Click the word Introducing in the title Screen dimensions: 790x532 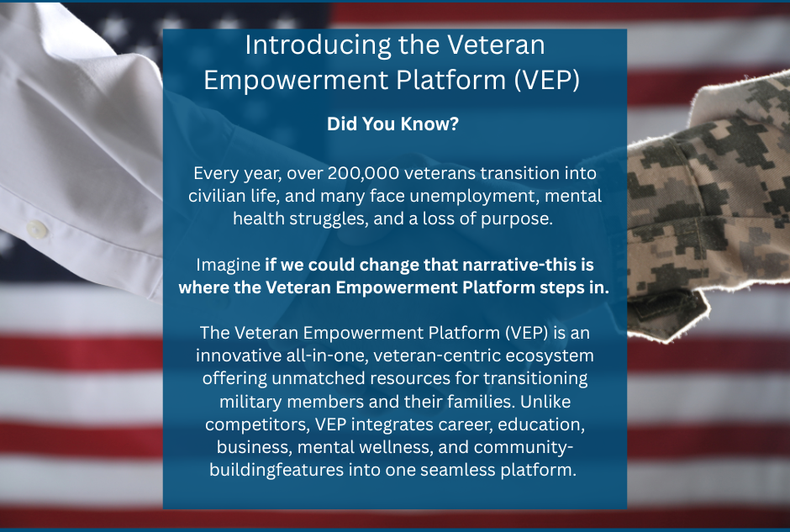[318, 46]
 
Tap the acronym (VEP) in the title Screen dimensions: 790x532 [547, 80]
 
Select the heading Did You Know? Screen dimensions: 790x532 [393, 124]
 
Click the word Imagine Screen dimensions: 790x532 [228, 265]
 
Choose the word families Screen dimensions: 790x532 [482, 402]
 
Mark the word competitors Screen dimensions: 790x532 [257, 424]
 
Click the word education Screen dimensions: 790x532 [541, 424]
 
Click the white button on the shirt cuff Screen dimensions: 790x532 [38, 229]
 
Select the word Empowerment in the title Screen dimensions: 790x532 [296, 81]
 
